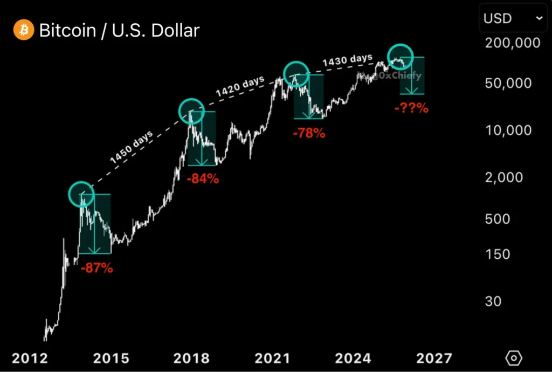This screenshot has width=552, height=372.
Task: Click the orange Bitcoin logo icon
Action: click(23, 30)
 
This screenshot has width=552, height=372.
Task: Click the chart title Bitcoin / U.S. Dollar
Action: click(119, 30)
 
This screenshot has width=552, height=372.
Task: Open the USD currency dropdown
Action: click(513, 19)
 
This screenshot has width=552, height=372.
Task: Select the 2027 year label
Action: click(434, 358)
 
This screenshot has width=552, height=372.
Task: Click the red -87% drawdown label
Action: click(96, 267)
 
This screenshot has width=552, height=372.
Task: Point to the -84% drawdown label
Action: click(203, 179)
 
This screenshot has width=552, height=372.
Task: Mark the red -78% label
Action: click(309, 133)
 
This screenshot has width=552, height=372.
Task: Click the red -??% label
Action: click(411, 108)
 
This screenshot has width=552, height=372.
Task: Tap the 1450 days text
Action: click(131, 148)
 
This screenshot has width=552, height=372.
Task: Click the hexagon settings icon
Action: click(514, 357)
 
